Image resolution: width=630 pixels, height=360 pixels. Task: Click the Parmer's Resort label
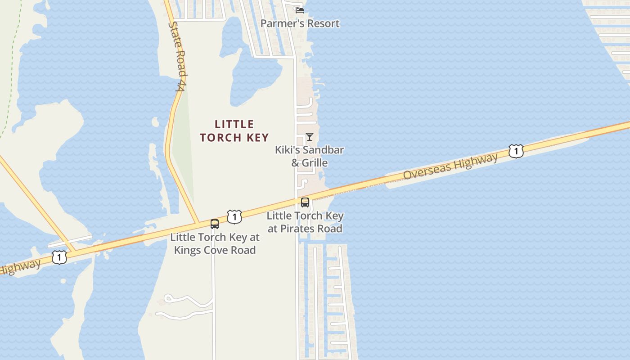point(300,23)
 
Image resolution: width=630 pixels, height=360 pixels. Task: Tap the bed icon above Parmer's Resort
point(300,9)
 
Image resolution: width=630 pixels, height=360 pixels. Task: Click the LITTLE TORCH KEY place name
point(234,131)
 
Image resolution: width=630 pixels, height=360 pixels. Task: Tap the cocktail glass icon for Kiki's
point(310,136)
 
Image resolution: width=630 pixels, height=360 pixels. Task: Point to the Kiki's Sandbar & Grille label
point(309,156)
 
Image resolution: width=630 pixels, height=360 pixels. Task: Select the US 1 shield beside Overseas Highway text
point(516,151)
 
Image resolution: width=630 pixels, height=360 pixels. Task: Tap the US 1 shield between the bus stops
point(234,217)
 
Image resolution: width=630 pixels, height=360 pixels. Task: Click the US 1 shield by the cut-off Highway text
point(59,257)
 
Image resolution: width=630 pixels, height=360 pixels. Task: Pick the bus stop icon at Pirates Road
point(305,202)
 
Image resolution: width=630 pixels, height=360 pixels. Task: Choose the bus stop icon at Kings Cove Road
point(215,224)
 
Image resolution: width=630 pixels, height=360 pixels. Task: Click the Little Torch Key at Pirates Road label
point(305,222)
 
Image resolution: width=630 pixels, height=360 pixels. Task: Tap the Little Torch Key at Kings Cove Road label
point(215,243)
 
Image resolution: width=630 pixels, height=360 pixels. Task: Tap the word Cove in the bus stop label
point(215,250)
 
